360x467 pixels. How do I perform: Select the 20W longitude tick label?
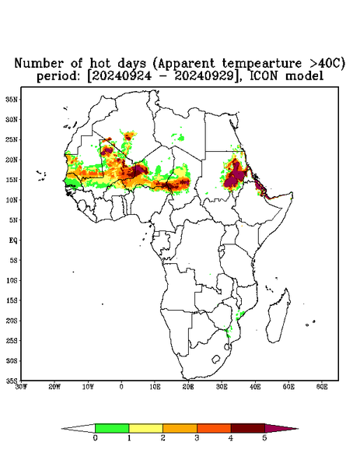pyautogui.click(x=54, y=387)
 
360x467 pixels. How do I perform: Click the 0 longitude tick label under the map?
pyautogui.click(x=121, y=387)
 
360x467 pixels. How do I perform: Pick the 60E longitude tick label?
pyautogui.click(x=322, y=387)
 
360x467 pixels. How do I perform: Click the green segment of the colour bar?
pyautogui.click(x=112, y=428)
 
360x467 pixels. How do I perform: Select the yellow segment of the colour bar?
pyautogui.click(x=145, y=428)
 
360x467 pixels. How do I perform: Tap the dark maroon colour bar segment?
pyautogui.click(x=248, y=428)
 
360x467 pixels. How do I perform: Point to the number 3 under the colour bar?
pyautogui.click(x=197, y=438)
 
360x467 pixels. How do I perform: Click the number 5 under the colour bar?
pyautogui.click(x=264, y=438)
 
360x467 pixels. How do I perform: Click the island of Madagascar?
pyautogui.click(x=278, y=316)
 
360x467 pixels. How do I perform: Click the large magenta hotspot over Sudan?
pyautogui.click(x=235, y=176)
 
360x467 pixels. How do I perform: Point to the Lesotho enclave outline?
pyautogui.click(x=215, y=359)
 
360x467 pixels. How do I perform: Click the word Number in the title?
pyautogui.click(x=39, y=63)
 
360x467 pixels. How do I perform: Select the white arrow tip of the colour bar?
pyautogui.click(x=79, y=428)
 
